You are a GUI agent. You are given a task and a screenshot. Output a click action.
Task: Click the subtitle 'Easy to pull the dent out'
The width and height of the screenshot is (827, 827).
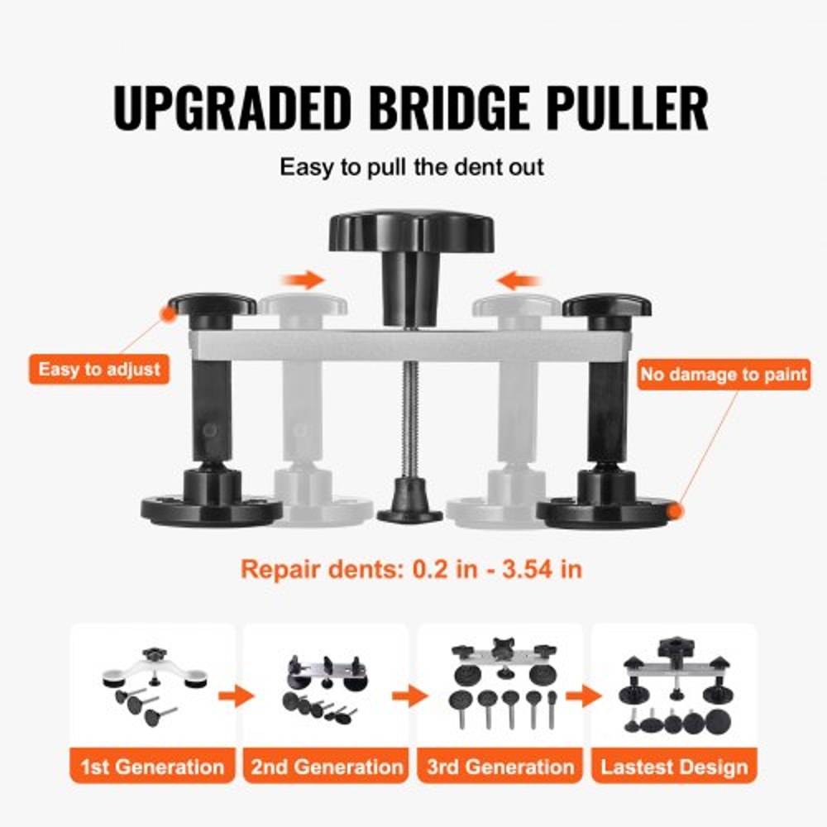[411, 167]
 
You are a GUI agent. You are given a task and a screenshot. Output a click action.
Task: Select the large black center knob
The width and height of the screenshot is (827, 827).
[411, 232]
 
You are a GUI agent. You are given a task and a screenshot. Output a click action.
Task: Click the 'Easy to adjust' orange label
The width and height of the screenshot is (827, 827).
[99, 369]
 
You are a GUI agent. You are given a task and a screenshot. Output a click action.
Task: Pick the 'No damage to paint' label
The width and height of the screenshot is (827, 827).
[723, 375]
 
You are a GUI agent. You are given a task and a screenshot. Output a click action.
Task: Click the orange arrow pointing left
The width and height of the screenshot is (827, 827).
[523, 281]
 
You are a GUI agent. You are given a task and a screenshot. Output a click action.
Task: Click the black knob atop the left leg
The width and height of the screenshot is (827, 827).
[212, 307]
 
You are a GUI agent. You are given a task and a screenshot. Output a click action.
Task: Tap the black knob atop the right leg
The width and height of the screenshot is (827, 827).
[606, 308]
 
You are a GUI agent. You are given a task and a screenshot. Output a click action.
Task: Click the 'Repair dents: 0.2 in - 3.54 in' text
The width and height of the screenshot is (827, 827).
[411, 569]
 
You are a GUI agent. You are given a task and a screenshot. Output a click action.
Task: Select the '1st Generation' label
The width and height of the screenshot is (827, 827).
[152, 766]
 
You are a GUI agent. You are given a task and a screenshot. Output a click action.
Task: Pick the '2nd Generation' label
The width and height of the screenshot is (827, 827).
[327, 766]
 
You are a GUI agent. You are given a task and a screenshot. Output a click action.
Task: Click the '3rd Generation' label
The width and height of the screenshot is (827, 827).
[500, 766]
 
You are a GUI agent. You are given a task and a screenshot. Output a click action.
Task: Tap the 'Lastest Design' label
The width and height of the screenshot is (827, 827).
[674, 766]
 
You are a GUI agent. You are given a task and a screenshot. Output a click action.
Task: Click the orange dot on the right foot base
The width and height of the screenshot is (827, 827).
[676, 512]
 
